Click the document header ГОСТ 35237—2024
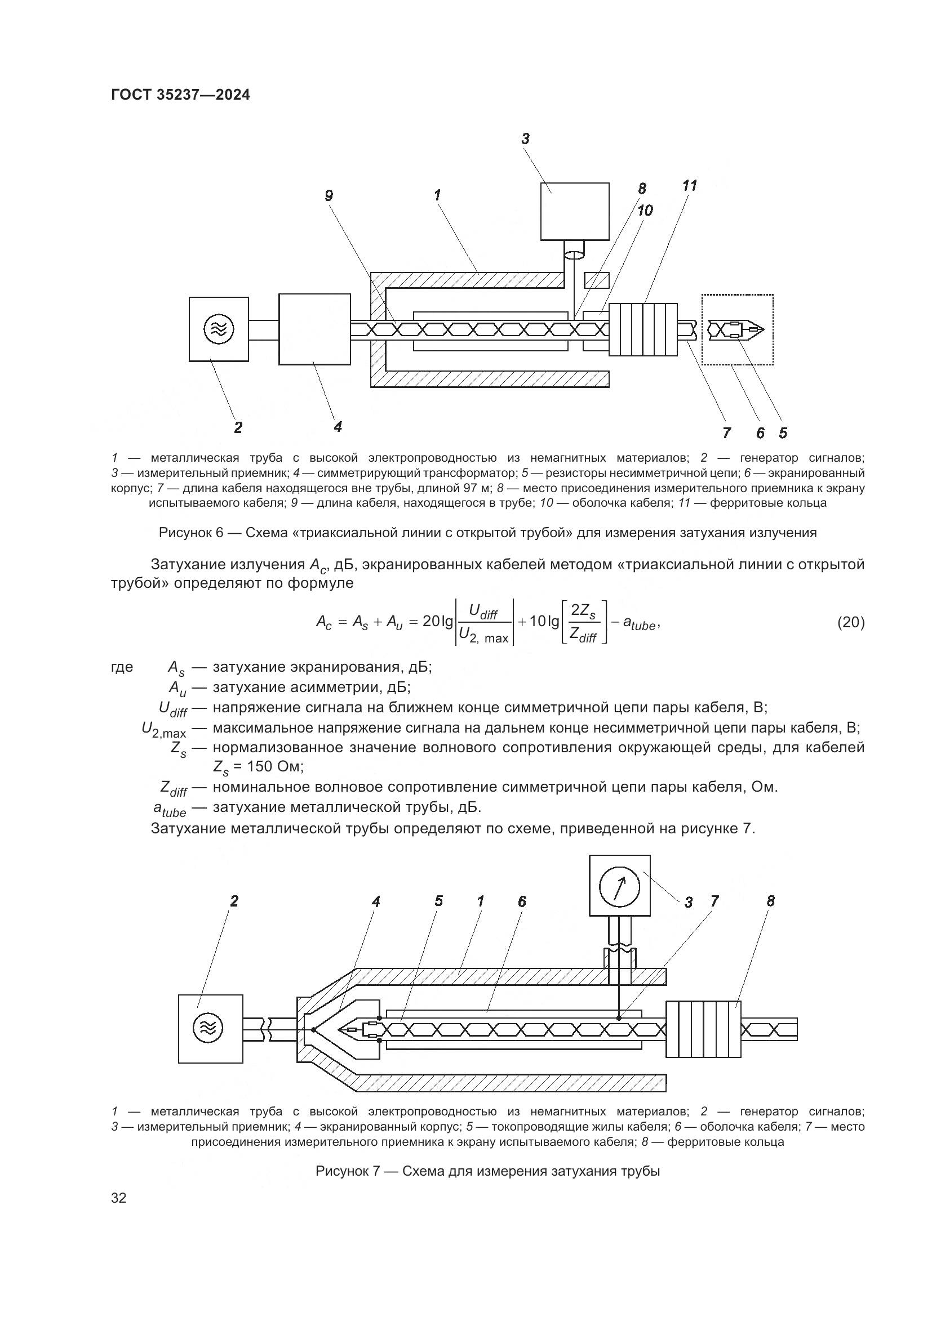pyautogui.click(x=180, y=95)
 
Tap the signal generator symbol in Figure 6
pyautogui.click(x=219, y=329)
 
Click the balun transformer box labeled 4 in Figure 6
pyautogui.click(x=314, y=329)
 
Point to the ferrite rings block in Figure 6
pyautogui.click(x=643, y=329)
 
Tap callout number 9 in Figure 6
pyautogui.click(x=329, y=196)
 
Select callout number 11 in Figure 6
pyautogui.click(x=689, y=186)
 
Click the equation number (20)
pyautogui.click(x=850, y=622)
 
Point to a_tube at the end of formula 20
pyautogui.click(x=639, y=624)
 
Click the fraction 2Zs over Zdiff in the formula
pyautogui.click(x=583, y=623)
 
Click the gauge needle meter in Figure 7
pyautogui.click(x=619, y=886)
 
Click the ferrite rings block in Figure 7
pyautogui.click(x=703, y=1029)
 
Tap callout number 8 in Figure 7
pyautogui.click(x=770, y=901)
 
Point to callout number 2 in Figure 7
pyautogui.click(x=234, y=901)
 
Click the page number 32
pyautogui.click(x=119, y=1198)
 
